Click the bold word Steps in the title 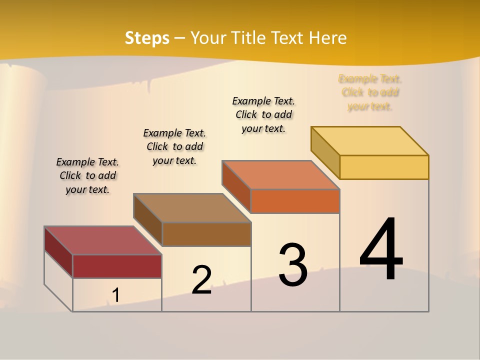point(147,38)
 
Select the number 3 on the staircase point(293,265)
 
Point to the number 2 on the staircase point(201,280)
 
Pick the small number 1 point(116,295)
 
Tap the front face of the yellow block point(384,167)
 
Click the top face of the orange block point(281,175)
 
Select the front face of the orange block point(295,201)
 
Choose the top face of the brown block point(192,208)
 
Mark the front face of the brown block point(206,234)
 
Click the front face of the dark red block point(117,266)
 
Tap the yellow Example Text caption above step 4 point(370,92)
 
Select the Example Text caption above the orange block point(263,114)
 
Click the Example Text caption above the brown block point(174,146)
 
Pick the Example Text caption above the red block point(87,175)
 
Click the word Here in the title point(328,38)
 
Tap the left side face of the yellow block point(325,152)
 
